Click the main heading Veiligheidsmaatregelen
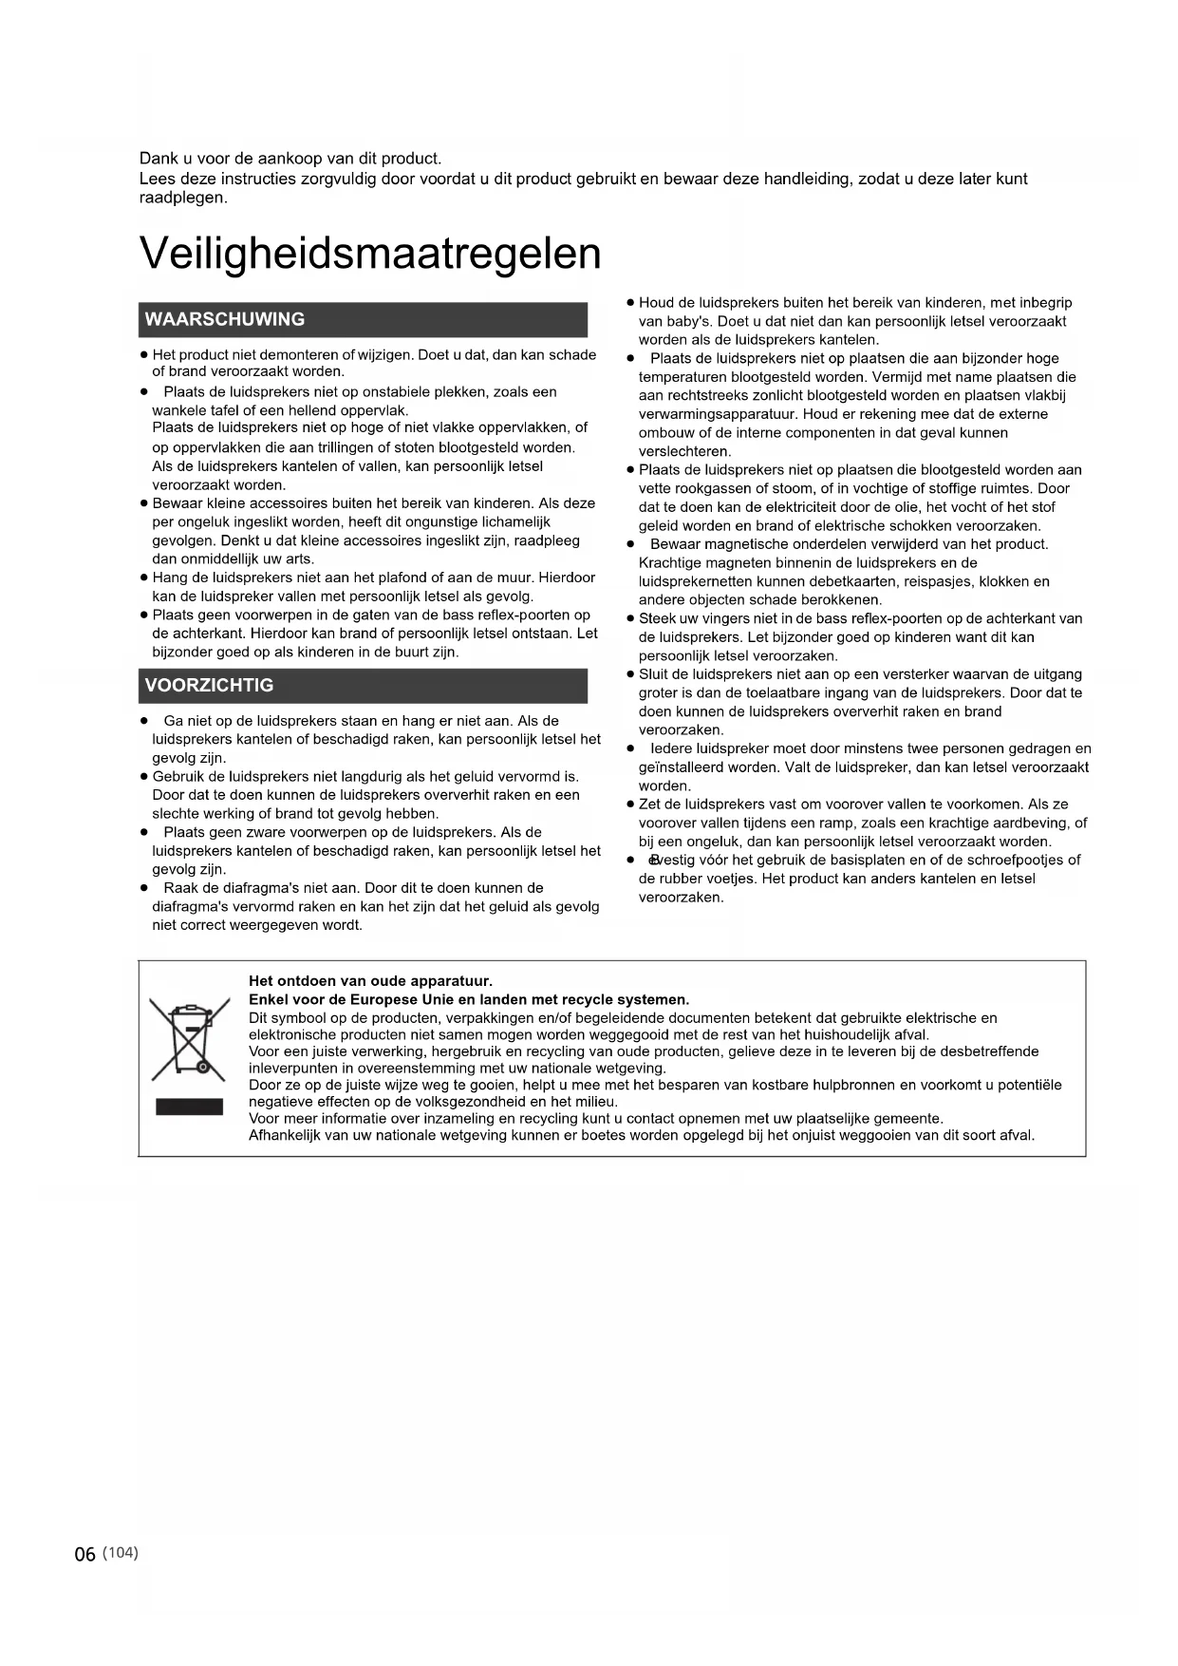(x=370, y=254)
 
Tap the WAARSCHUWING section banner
(x=363, y=319)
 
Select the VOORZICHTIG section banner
(x=363, y=686)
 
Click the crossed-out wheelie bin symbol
(x=190, y=1041)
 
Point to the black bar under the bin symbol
(x=190, y=1107)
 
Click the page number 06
(x=85, y=1554)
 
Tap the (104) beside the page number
(x=121, y=1552)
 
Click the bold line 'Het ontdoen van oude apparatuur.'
(x=370, y=981)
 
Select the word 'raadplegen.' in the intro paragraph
(x=183, y=199)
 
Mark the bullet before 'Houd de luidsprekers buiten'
(x=630, y=303)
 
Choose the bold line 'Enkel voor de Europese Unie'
(x=468, y=999)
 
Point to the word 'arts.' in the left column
(x=300, y=558)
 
